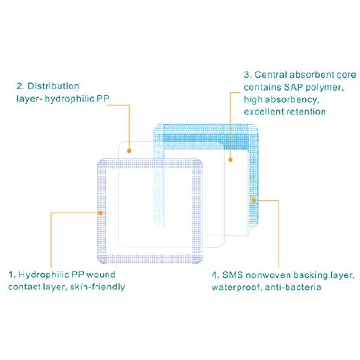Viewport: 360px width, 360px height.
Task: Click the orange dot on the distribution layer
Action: [x=129, y=151]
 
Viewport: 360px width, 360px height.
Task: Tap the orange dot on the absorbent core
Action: [x=230, y=160]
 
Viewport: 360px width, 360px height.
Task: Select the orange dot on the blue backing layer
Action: [x=254, y=201]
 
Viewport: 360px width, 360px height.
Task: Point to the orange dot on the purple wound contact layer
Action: [x=101, y=213]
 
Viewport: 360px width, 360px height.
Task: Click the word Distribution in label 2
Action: [x=53, y=86]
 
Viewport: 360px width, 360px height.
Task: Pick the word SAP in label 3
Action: [x=293, y=87]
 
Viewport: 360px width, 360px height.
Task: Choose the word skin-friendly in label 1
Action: [x=97, y=287]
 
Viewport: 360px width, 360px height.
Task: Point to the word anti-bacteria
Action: [x=293, y=287]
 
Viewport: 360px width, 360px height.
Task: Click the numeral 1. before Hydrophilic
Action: [x=12, y=275]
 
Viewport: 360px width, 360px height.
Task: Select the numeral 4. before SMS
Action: [x=216, y=275]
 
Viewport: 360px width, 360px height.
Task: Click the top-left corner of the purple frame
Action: [x=98, y=159]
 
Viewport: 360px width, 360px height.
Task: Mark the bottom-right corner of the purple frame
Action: [x=203, y=264]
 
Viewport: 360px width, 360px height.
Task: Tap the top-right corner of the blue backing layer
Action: [x=258, y=124]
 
